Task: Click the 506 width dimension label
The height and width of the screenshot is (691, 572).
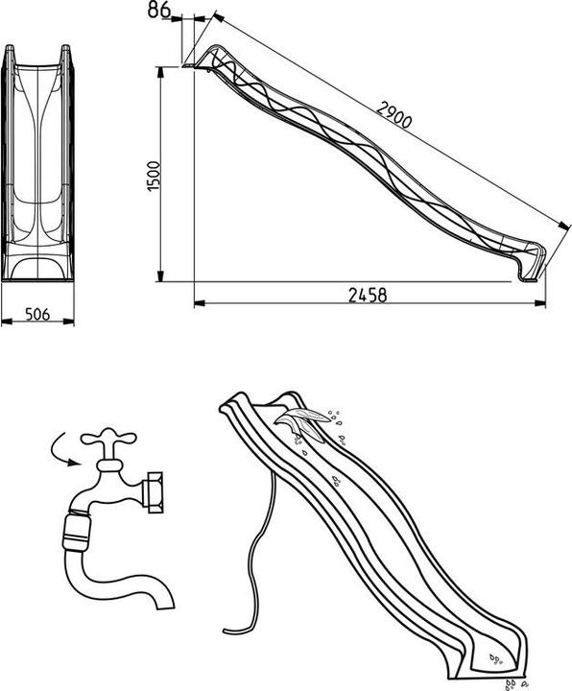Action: click(x=37, y=314)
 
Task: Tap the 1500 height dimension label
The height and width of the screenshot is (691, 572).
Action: click(x=154, y=176)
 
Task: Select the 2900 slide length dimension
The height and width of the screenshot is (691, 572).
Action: click(x=393, y=114)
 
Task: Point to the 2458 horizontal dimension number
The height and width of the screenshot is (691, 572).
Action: click(x=368, y=296)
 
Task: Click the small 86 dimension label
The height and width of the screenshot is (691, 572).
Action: click(x=159, y=10)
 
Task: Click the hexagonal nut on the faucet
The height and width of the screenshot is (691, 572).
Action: click(x=155, y=492)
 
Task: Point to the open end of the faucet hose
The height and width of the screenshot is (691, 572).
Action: click(x=165, y=603)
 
